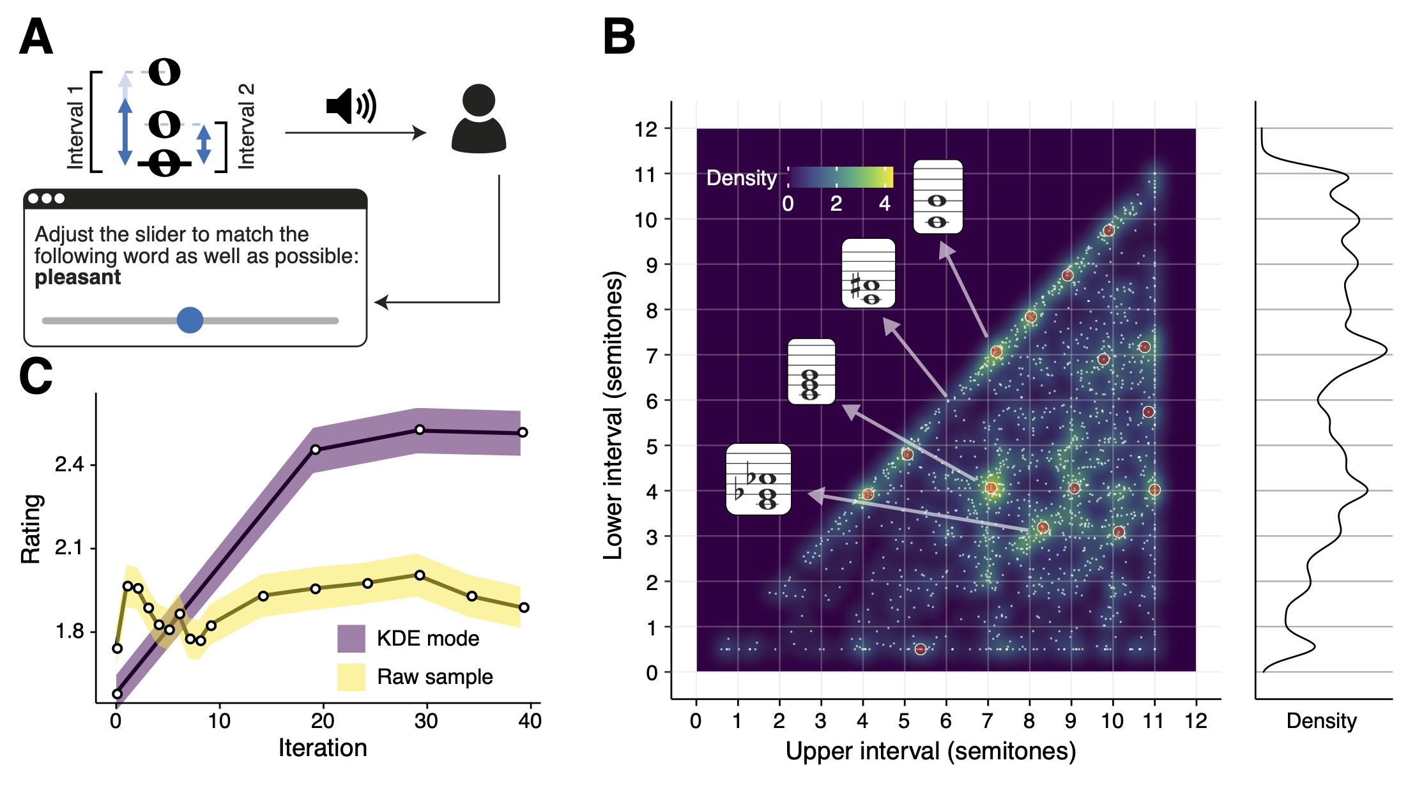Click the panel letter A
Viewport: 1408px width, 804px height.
click(x=36, y=37)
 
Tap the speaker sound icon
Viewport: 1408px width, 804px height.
click(x=351, y=106)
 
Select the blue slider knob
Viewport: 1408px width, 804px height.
click(x=190, y=320)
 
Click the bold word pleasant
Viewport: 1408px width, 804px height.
click(x=77, y=278)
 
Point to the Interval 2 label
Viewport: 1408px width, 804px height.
click(x=247, y=126)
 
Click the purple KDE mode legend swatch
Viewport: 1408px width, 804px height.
click(x=351, y=638)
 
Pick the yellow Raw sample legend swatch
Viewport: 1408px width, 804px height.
click(x=351, y=677)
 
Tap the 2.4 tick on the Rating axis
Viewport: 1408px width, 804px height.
click(x=69, y=464)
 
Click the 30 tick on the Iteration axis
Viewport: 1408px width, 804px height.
click(x=426, y=721)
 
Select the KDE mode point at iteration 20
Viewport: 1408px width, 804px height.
click(x=315, y=450)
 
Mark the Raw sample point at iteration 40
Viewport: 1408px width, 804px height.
click(x=524, y=607)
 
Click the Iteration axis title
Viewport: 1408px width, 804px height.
click(x=323, y=748)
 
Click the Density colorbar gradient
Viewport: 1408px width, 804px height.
click(x=840, y=177)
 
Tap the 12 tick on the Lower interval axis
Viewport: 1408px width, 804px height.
click(x=646, y=129)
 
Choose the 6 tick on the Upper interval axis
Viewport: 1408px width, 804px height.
click(x=945, y=721)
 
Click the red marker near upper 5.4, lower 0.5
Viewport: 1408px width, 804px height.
click(x=920, y=649)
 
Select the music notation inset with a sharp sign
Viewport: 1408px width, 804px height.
click(x=868, y=273)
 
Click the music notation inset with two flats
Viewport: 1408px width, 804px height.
click(x=758, y=479)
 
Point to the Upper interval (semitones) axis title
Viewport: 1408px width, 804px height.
click(x=930, y=752)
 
